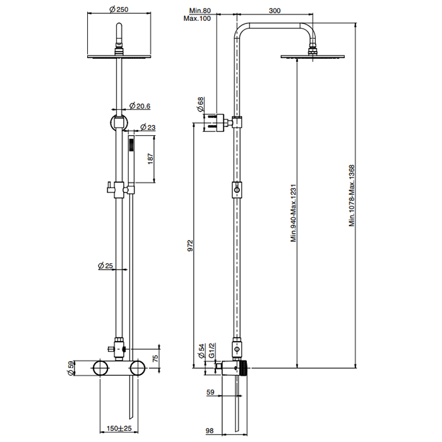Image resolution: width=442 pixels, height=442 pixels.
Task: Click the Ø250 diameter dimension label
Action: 119,9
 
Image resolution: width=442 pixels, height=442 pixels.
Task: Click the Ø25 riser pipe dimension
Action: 105,266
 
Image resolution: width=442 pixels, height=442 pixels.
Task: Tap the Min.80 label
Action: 200,10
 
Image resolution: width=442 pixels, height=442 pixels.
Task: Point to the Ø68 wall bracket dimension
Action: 201,104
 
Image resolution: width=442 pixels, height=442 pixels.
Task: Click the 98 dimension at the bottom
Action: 210,431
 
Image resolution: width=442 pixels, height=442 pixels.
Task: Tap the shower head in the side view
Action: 313,57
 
